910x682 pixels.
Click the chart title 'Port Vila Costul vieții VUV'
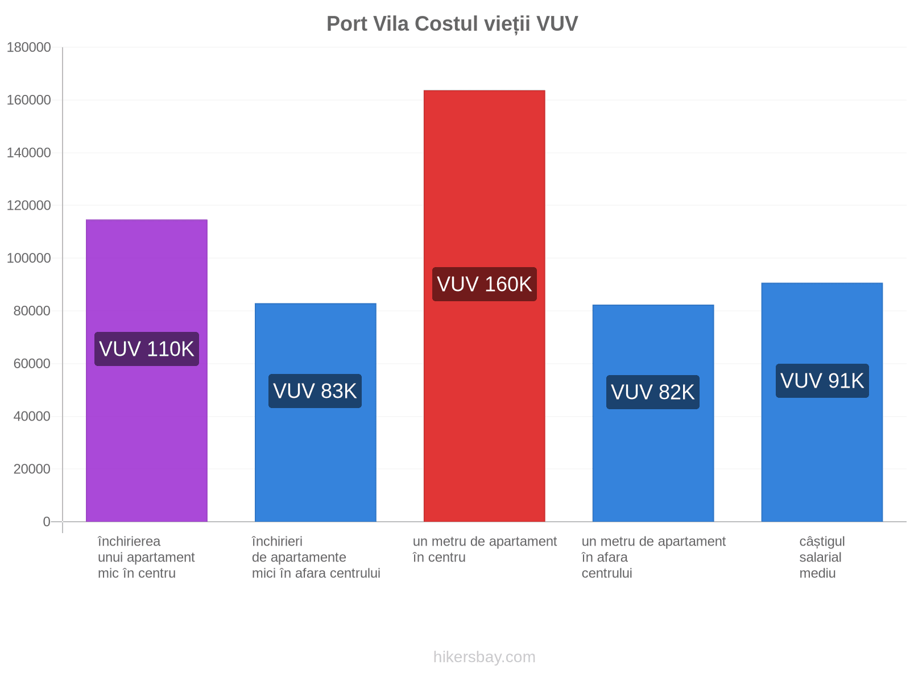point(452,24)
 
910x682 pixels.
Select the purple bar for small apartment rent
point(146,370)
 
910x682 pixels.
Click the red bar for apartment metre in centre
point(484,306)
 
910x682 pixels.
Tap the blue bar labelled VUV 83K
point(315,412)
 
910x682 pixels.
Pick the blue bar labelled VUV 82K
point(652,413)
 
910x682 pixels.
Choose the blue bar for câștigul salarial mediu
point(822,402)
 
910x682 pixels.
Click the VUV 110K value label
point(146,348)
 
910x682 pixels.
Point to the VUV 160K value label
point(484,284)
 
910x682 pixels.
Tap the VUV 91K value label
point(822,381)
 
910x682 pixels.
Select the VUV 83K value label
point(315,391)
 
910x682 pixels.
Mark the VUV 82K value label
point(652,392)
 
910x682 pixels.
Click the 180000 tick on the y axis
point(28,47)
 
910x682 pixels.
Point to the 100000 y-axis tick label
point(28,258)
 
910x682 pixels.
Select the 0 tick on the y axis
point(47,521)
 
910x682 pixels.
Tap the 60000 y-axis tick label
point(32,364)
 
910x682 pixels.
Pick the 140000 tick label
point(28,153)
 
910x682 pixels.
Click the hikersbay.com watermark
point(484,657)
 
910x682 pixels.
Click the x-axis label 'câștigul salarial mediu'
point(822,557)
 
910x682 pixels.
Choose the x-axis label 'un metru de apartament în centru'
point(484,549)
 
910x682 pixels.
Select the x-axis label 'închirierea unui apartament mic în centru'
point(146,557)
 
